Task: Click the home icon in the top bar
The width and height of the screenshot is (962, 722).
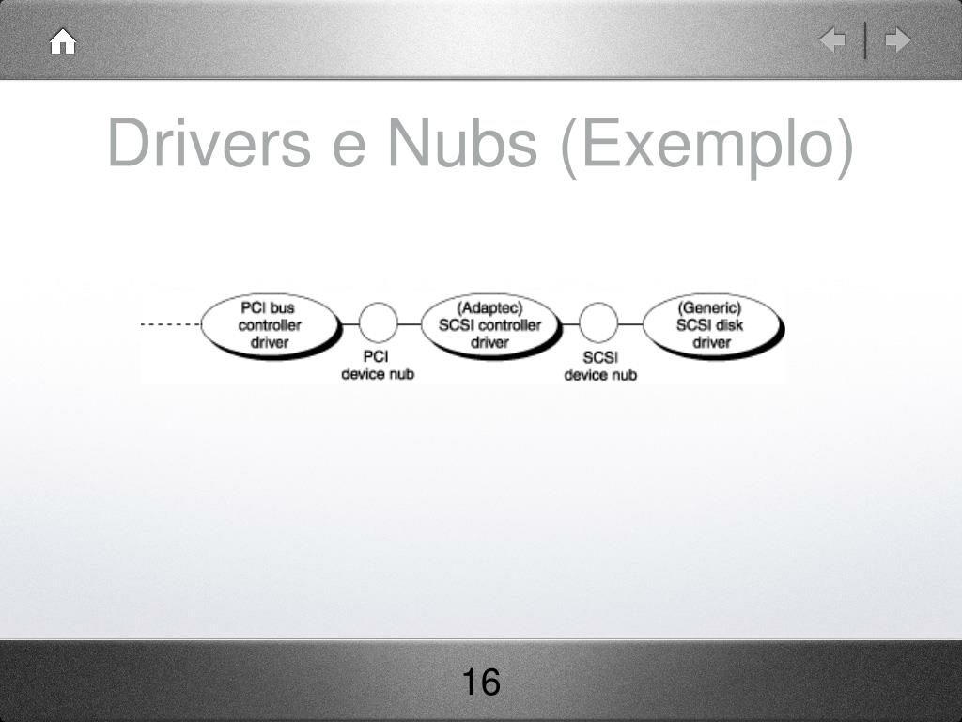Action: click(x=63, y=42)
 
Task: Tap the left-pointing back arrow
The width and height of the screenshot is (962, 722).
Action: click(x=832, y=40)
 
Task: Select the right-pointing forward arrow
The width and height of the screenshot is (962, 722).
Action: click(x=898, y=40)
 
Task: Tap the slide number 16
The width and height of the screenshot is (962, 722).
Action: click(x=481, y=682)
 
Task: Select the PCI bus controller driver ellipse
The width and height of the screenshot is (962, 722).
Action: click(x=270, y=324)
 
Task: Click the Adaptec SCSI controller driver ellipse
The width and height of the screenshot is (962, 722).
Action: click(x=489, y=324)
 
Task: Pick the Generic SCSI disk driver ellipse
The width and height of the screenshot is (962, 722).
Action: click(x=711, y=324)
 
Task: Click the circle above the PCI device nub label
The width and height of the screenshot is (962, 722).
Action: click(x=378, y=323)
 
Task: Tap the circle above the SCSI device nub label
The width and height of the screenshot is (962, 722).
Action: click(x=598, y=323)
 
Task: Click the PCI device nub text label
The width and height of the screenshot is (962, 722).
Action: click(x=377, y=366)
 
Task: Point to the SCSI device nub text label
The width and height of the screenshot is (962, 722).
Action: click(x=599, y=366)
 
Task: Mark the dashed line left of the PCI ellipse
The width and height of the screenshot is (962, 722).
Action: click(x=170, y=324)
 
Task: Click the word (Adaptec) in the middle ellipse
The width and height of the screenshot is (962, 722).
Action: click(x=489, y=307)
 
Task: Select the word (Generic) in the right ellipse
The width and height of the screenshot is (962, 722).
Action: click(x=710, y=307)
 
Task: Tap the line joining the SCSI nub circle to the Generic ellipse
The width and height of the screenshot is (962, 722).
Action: click(x=630, y=324)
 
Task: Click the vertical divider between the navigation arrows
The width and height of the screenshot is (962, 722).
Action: click(x=865, y=40)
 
